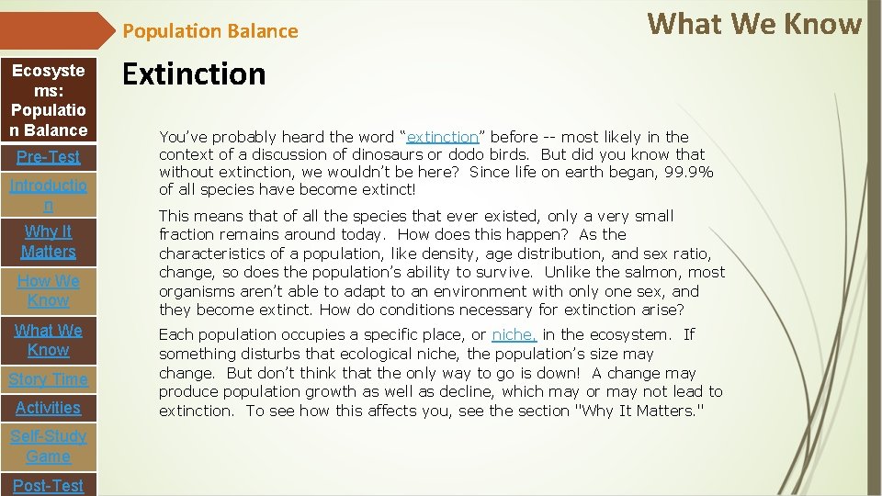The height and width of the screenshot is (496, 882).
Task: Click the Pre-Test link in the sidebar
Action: click(48, 157)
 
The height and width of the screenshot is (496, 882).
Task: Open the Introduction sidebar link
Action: click(48, 195)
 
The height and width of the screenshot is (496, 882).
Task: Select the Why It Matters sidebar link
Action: click(48, 242)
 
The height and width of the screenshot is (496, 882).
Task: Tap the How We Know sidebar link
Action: click(48, 290)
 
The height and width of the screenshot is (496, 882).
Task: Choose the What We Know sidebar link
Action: click(48, 340)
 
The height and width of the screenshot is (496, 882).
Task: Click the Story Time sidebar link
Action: click(48, 379)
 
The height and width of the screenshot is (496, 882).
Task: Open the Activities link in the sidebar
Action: click(48, 408)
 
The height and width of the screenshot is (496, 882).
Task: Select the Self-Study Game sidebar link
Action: click(48, 446)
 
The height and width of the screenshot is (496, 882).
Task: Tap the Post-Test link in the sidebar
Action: click(48, 485)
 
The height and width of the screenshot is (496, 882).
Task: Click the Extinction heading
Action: click(194, 74)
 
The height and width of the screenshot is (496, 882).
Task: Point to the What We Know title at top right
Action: click(754, 24)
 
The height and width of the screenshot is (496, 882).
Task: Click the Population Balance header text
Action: click(210, 31)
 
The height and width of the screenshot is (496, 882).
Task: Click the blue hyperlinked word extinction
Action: click(443, 137)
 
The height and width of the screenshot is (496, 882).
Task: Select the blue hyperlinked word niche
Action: click(514, 335)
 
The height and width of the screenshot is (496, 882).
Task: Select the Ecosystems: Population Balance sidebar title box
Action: click(48, 100)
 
